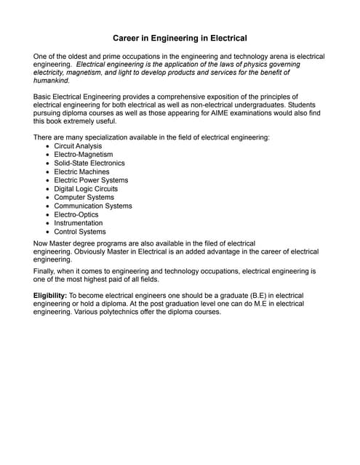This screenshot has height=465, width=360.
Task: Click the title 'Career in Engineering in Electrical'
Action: [x=180, y=38]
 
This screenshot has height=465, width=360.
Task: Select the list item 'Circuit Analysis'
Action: [x=78, y=146]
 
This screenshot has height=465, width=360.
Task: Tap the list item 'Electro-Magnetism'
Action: [x=83, y=155]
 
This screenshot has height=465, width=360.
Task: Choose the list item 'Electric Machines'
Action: [x=81, y=172]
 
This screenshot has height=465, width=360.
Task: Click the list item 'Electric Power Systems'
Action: [x=91, y=180]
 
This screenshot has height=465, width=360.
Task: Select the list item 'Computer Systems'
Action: [x=84, y=198]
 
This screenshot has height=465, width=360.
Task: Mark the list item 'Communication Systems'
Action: [x=92, y=206]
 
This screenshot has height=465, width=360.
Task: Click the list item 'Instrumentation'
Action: [x=78, y=223]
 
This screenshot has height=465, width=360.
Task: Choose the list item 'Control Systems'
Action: [x=79, y=232]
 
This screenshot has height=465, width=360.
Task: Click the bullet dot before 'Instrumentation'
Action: [x=48, y=223]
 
